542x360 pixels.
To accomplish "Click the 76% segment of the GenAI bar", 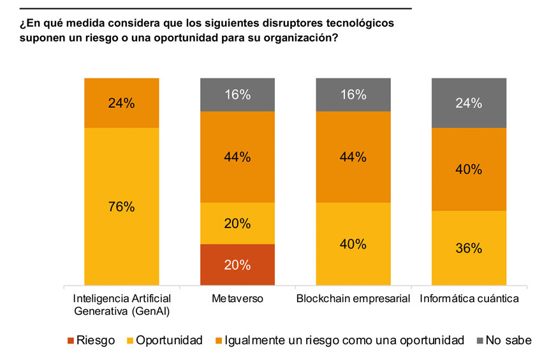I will point(121,206).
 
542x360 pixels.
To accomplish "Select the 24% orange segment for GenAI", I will point(121,103).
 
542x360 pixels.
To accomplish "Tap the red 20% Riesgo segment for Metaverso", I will point(237,264).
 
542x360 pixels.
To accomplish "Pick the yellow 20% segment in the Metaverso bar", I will point(237,223).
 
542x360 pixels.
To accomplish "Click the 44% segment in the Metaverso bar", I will point(237,157).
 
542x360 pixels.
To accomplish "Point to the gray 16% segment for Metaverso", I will point(237,95).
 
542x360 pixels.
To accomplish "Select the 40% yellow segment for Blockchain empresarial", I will point(353,244).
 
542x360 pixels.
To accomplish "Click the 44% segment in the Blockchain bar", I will point(353,157).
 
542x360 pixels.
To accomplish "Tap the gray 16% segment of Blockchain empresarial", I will point(353,95).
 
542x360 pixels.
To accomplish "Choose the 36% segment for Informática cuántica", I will point(469,248).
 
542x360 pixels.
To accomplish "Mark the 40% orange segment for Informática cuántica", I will point(469,169).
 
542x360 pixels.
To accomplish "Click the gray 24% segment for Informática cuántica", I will point(469,103).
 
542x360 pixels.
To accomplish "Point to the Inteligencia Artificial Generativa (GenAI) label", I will point(121,305).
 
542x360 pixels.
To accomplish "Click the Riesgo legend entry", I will point(89,340).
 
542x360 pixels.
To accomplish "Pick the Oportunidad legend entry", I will point(165,340).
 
